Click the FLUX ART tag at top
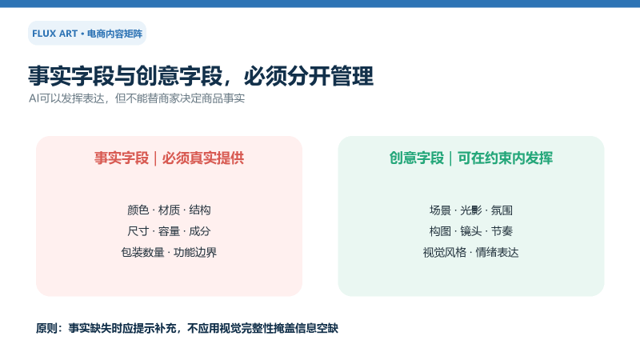point(87,33)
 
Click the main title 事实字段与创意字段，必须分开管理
point(201,76)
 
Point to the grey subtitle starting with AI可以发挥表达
point(137,98)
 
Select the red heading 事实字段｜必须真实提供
point(169,158)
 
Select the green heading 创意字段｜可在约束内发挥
point(471,158)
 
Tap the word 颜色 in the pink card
point(138,210)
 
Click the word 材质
point(169,210)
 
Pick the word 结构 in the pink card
point(200,210)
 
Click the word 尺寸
point(138,231)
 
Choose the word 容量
point(169,231)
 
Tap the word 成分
point(200,231)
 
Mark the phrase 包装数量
point(143,252)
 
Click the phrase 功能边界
point(195,252)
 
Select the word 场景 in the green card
point(440,210)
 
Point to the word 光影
point(471,210)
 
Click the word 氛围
point(502,210)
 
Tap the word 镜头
point(471,231)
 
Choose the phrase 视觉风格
point(445,252)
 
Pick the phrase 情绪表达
point(497,252)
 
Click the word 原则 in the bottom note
point(46,328)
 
